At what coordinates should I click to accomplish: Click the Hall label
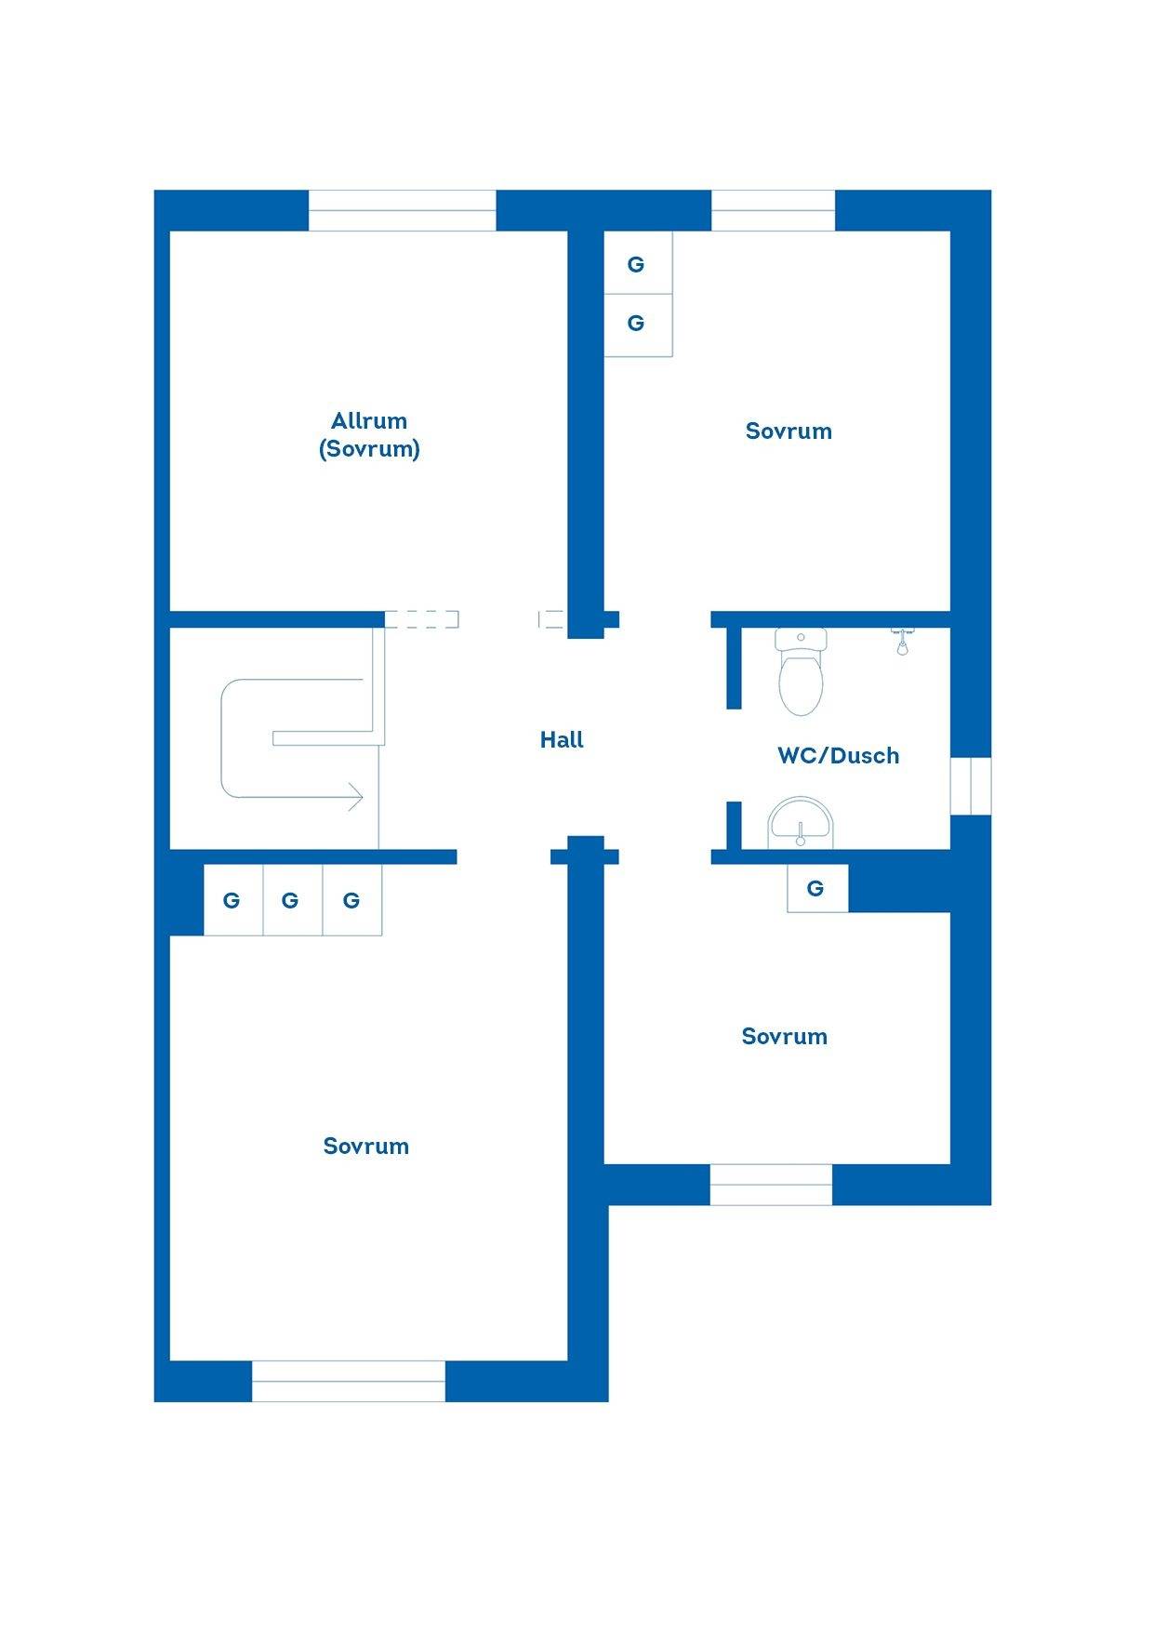click(x=562, y=740)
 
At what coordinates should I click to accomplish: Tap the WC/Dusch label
click(x=839, y=755)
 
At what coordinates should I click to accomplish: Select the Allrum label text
click(x=369, y=420)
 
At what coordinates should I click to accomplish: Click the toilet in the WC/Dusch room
click(x=801, y=670)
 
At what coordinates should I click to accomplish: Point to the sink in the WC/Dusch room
click(x=801, y=824)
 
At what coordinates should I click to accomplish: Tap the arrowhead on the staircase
click(x=355, y=796)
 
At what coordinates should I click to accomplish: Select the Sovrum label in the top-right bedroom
click(x=789, y=431)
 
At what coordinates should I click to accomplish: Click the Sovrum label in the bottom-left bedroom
click(x=366, y=1147)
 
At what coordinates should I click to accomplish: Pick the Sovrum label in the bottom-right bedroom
click(x=785, y=1037)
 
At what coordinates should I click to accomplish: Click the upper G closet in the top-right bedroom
click(x=638, y=263)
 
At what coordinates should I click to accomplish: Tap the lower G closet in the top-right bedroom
click(x=638, y=325)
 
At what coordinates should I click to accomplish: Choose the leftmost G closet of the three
click(x=233, y=899)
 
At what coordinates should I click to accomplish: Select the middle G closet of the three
click(x=293, y=899)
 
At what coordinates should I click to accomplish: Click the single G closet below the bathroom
click(x=817, y=888)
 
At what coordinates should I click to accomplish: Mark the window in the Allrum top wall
click(x=402, y=211)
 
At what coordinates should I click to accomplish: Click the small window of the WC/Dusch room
click(x=971, y=787)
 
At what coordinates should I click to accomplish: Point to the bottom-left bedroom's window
click(x=349, y=1381)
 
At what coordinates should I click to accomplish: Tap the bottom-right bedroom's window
click(x=771, y=1185)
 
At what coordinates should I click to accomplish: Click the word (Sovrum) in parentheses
click(x=369, y=449)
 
